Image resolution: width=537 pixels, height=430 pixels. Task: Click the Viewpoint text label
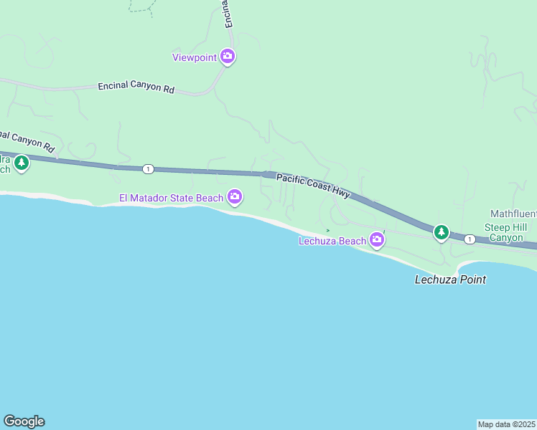click(x=194, y=57)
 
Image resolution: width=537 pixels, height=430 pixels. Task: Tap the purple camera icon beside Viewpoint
click(x=228, y=56)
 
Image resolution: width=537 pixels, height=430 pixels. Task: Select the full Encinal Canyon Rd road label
click(x=136, y=87)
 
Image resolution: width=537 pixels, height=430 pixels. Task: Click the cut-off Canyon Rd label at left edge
click(x=27, y=140)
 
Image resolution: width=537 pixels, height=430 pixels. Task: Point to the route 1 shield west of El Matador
click(x=147, y=169)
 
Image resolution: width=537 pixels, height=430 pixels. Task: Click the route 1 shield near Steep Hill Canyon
click(x=469, y=239)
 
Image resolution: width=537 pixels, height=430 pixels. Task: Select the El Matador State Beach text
click(x=172, y=198)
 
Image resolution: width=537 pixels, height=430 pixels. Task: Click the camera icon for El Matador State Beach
click(x=235, y=196)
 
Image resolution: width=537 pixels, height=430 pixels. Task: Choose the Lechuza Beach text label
click(x=332, y=242)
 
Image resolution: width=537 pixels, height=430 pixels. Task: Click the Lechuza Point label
click(x=450, y=279)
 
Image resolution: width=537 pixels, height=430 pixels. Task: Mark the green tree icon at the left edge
click(x=22, y=163)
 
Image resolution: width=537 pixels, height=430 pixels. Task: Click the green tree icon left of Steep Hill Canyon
click(x=441, y=231)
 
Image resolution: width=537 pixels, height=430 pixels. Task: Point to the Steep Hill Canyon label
click(x=506, y=232)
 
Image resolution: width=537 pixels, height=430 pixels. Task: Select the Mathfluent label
click(x=513, y=214)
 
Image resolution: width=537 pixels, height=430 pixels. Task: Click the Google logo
click(x=24, y=421)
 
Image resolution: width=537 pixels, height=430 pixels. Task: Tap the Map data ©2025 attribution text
click(x=507, y=424)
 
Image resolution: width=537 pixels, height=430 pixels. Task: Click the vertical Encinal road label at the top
click(x=227, y=14)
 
